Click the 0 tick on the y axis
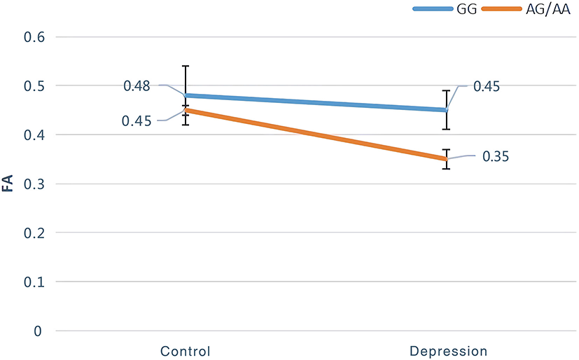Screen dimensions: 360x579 pos(39,331)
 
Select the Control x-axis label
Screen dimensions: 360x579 pos(185,350)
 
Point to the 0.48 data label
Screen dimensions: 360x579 pos(137,85)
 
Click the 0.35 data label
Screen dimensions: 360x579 pos(496,156)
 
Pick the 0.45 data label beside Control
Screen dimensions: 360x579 pos(137,121)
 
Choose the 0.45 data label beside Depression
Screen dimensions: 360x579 pos(487,86)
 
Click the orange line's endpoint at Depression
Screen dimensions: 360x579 pos(446,159)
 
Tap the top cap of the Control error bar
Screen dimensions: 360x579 pos(186,66)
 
